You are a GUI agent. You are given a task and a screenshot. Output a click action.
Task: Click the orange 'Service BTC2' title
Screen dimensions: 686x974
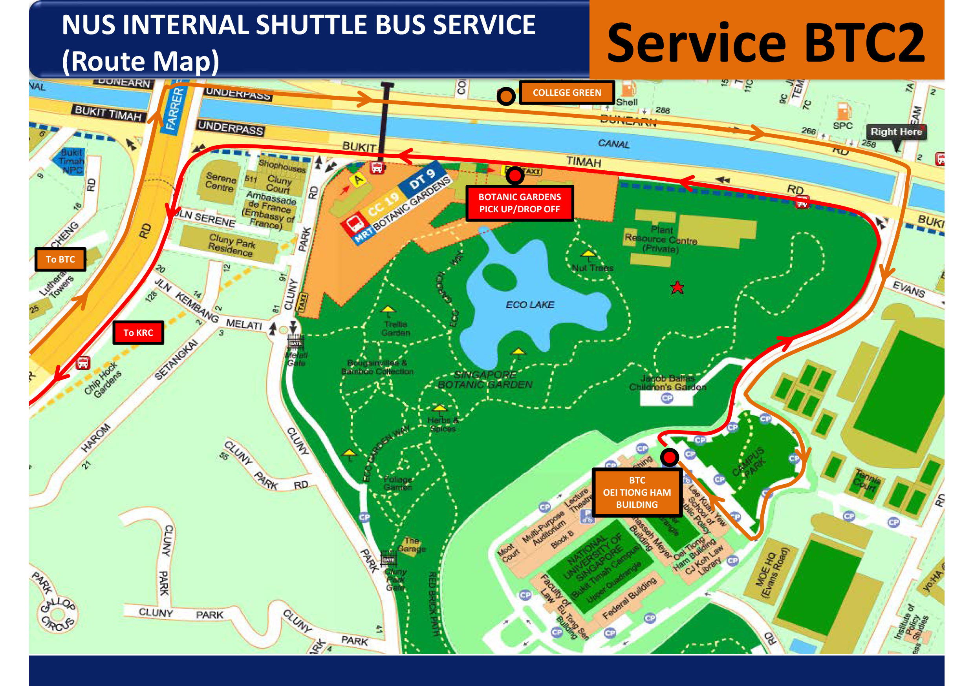(766, 42)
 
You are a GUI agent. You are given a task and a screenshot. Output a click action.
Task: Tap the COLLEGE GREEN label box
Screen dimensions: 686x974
(567, 93)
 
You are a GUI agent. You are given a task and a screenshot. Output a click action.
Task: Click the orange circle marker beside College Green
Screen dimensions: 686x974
(506, 97)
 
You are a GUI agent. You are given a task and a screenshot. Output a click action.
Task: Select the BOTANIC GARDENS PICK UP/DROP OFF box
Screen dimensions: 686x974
(520, 203)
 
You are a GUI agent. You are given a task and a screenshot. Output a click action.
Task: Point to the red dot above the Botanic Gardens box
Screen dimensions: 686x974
(515, 175)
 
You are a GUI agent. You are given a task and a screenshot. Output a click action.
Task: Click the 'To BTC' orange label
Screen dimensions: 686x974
(60, 259)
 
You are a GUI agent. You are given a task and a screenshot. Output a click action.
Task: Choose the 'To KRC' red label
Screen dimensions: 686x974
(138, 332)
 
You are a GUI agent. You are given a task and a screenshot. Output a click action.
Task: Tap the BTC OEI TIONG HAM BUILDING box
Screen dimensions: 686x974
(637, 492)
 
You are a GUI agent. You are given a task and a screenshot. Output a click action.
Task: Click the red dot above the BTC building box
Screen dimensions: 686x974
(669, 457)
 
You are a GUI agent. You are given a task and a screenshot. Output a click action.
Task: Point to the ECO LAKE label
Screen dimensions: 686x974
(530, 305)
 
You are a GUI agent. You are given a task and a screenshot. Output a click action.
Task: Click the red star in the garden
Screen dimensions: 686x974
(677, 288)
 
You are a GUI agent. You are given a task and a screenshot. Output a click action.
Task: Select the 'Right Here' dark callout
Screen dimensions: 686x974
(896, 132)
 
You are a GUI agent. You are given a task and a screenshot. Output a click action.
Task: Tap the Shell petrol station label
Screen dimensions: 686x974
(626, 102)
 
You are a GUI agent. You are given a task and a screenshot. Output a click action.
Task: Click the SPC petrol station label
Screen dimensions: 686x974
(842, 126)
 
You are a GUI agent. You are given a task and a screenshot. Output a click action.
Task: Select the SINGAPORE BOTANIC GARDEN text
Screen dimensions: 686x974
(485, 380)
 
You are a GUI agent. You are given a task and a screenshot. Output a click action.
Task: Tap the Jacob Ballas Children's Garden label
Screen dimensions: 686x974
(668, 382)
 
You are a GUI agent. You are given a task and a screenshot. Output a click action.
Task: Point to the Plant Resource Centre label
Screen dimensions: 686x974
(661, 239)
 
